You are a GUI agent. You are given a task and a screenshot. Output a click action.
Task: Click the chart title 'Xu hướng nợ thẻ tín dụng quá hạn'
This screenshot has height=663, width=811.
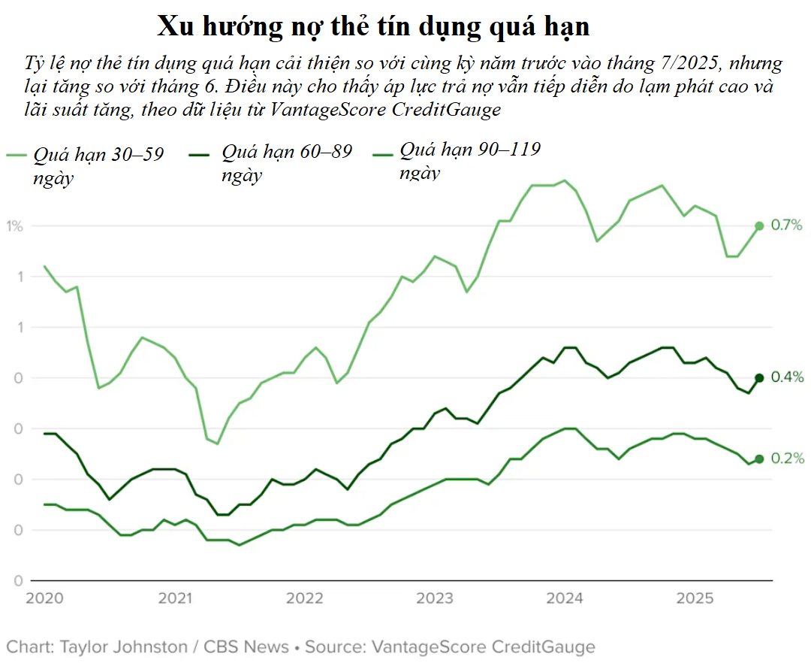point(373,26)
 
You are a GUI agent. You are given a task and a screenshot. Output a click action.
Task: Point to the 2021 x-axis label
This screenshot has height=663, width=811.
point(174,599)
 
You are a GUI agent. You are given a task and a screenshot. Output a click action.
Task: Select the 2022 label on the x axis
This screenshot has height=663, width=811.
point(304,599)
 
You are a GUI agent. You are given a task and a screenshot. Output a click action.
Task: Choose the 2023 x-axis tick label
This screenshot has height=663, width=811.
point(434,599)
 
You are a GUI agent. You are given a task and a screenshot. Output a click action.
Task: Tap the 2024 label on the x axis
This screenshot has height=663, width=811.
point(565,599)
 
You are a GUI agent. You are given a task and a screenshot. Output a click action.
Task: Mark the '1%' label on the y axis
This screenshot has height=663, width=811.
point(15,226)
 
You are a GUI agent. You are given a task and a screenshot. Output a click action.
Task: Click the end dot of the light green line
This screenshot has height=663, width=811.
point(759,226)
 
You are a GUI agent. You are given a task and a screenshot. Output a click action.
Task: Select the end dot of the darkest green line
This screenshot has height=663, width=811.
point(759,378)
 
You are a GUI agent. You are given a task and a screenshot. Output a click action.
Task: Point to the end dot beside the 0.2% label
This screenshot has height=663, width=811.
point(759,459)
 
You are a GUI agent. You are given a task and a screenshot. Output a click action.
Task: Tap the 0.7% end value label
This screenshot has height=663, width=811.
point(787,226)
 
